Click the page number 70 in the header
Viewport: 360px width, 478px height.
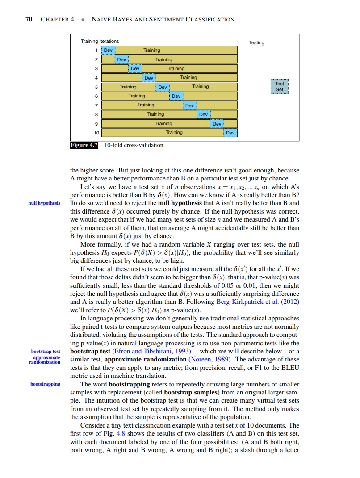pyautogui.click(x=29, y=19)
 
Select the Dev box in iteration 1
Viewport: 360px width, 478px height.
pyautogui.click(x=109, y=50)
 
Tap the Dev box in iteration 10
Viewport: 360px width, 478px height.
pyautogui.click(x=230, y=133)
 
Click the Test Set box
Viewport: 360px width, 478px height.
pyautogui.click(x=279, y=87)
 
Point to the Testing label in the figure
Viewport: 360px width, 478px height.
pyautogui.click(x=256, y=43)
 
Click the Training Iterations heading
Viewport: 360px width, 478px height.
pyautogui.click(x=100, y=41)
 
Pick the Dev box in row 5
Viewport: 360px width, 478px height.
pyautogui.click(x=163, y=87)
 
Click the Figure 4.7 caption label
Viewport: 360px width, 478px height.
pyautogui.click(x=84, y=145)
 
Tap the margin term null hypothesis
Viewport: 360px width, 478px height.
pyautogui.click(x=44, y=203)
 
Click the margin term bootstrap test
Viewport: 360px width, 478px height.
pyautogui.click(x=46, y=352)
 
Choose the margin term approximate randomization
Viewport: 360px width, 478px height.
pyautogui.click(x=45, y=360)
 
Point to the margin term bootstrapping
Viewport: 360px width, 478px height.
pyautogui.click(x=45, y=384)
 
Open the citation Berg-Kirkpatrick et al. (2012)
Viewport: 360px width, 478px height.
pyautogui.click(x=257, y=302)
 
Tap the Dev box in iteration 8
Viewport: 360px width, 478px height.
pyautogui.click(x=203, y=114)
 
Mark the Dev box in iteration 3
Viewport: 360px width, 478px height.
pyautogui.click(x=135, y=68)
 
